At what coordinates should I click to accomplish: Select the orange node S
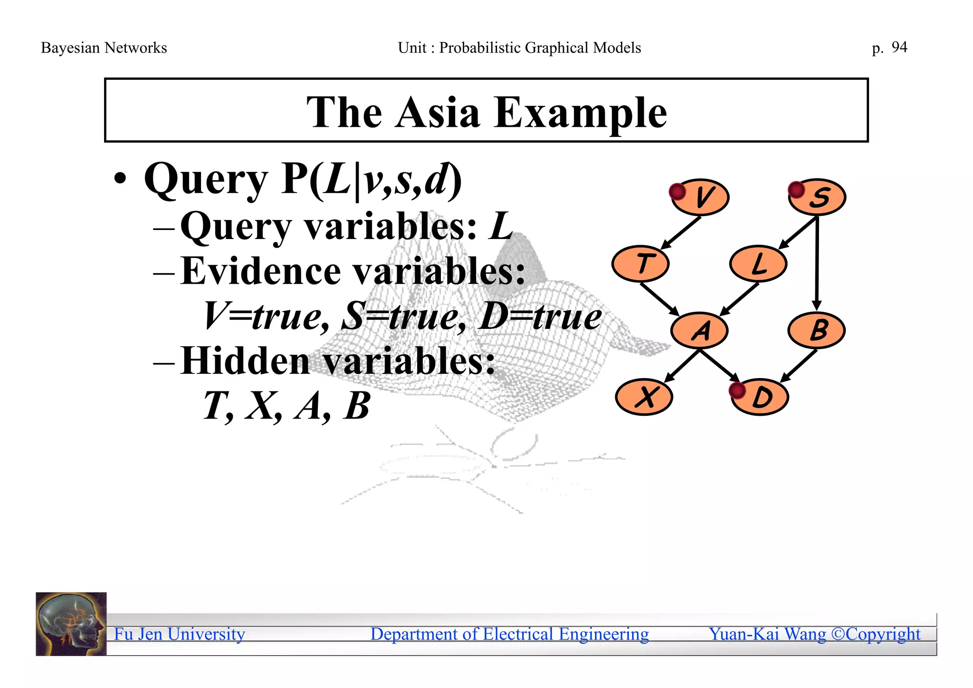(818, 197)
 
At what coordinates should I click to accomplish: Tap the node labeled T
(641, 264)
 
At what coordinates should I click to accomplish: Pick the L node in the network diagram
(759, 264)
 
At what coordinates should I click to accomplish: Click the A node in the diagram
(700, 331)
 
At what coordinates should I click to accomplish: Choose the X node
(644, 397)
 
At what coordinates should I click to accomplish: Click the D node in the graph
(761, 397)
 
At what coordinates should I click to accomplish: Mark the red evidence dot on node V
(677, 192)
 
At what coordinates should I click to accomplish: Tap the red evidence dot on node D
(737, 391)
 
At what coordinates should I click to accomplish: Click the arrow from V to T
(680, 233)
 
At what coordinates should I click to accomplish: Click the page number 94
(899, 48)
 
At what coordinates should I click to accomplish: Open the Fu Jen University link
(180, 634)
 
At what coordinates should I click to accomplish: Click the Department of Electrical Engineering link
(509, 634)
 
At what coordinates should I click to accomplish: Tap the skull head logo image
(71, 624)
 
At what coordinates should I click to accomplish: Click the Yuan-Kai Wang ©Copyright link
(814, 634)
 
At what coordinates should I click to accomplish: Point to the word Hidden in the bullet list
(246, 361)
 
